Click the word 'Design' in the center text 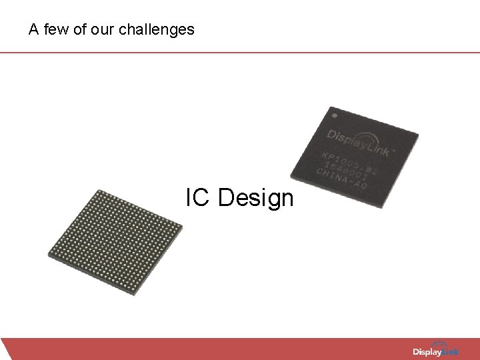255,199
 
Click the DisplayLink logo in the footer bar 436,351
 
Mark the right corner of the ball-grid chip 182,227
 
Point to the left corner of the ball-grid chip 49,253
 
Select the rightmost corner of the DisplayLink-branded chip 418,137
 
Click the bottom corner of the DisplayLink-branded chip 381,207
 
